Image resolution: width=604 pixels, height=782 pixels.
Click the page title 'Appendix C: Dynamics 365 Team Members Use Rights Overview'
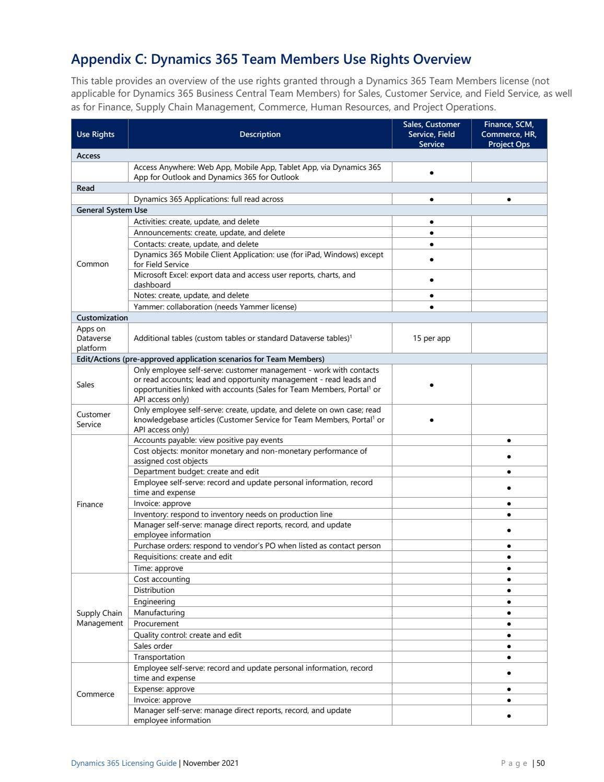pyautogui.click(x=271, y=60)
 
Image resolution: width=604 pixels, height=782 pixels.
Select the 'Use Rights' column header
pyautogui.click(x=95, y=134)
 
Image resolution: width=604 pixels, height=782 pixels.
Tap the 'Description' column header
pyautogui.click(x=260, y=134)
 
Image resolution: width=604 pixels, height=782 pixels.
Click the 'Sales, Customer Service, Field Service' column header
pyautogui.click(x=431, y=134)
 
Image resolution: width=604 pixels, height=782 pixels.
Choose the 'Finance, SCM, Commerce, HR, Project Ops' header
pyautogui.click(x=508, y=134)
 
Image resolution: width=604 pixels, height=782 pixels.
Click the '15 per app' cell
pyautogui.click(x=431, y=338)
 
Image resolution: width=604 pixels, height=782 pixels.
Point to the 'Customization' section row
pyautogui.click(x=102, y=318)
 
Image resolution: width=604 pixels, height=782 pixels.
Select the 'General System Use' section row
pyautogui.click(x=112, y=210)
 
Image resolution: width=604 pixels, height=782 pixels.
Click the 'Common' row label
pyautogui.click(x=92, y=264)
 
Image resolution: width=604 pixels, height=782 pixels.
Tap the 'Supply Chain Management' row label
pyautogui.click(x=99, y=618)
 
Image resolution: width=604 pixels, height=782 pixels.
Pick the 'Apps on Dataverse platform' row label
pyautogui.click(x=94, y=338)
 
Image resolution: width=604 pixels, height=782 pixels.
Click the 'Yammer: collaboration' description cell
pyautogui.click(x=215, y=307)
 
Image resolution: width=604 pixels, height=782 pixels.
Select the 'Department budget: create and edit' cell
pyautogui.click(x=196, y=471)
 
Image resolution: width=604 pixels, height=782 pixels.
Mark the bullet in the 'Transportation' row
pyautogui.click(x=509, y=657)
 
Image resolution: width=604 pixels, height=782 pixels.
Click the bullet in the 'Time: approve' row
pyautogui.click(x=509, y=568)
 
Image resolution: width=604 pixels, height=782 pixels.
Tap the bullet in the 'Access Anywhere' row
pyautogui.click(x=432, y=172)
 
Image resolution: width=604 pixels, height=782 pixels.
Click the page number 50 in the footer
pyautogui.click(x=540, y=763)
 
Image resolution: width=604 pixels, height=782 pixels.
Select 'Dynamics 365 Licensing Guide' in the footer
pyautogui.click(x=124, y=763)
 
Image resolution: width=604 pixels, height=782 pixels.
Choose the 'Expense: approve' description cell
pyautogui.click(x=164, y=689)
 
